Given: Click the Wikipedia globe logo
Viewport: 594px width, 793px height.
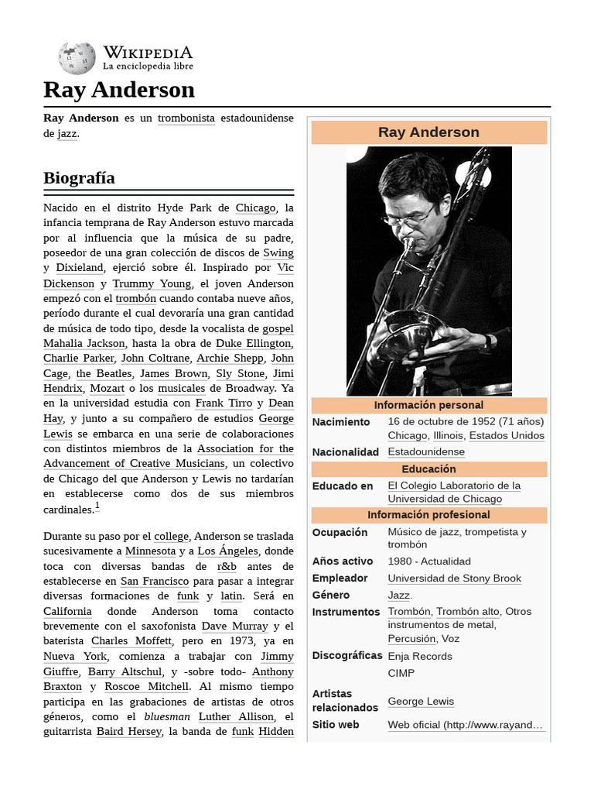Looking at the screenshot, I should click(x=77, y=58).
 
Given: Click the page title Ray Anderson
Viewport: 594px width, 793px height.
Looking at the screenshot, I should click(x=119, y=90).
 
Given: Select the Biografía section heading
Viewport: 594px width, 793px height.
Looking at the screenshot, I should click(x=80, y=178).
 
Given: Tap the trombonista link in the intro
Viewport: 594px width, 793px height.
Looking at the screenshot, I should click(x=186, y=118).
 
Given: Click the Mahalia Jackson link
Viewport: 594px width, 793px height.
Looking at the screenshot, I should click(x=84, y=343).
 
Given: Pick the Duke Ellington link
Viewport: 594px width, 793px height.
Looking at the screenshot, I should click(x=254, y=343).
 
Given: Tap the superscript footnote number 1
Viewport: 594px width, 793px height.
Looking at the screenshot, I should click(x=97, y=506).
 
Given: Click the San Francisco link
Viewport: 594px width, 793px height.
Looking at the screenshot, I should click(x=155, y=581).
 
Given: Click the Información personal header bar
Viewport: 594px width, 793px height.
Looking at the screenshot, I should click(x=428, y=405).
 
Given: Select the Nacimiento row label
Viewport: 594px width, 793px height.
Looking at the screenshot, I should click(x=341, y=422).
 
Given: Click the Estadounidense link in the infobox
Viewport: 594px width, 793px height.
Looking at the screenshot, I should click(x=426, y=452).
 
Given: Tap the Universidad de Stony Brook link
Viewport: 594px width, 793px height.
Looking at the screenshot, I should click(x=454, y=578).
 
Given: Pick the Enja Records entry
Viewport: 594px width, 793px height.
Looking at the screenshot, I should click(x=420, y=656).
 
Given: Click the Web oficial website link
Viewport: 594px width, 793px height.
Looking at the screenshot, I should click(x=466, y=725).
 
